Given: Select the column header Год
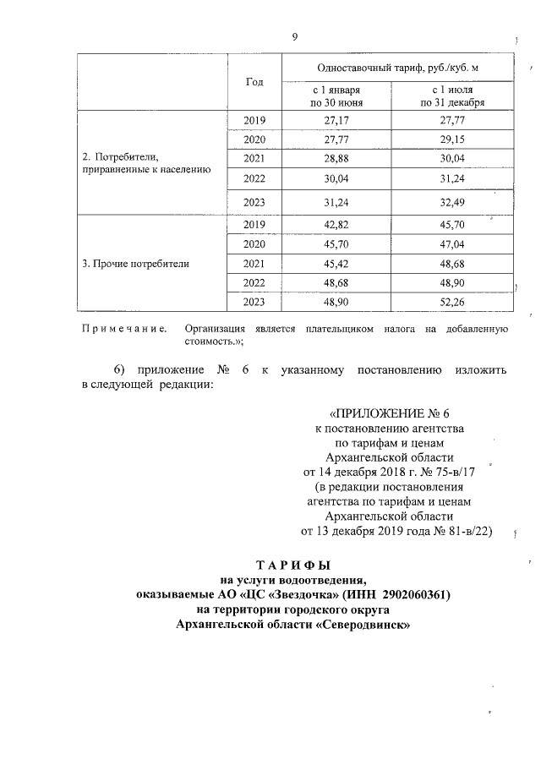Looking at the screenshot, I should (254, 82).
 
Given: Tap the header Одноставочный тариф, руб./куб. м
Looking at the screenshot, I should (396, 67).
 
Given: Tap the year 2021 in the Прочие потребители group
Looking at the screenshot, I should (254, 263).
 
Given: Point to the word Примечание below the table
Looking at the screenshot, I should (123, 328).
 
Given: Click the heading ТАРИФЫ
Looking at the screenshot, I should (293, 564).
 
